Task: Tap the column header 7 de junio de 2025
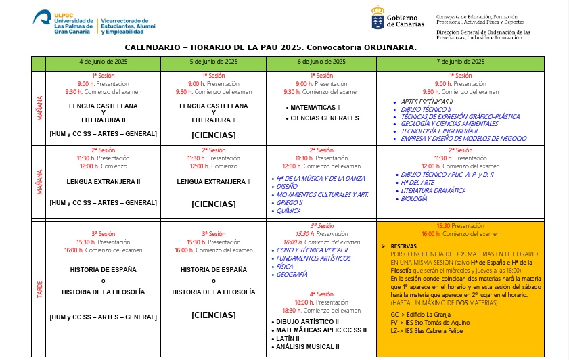pyautogui.click(x=460, y=62)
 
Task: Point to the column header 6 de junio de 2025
pyautogui.click(x=321, y=62)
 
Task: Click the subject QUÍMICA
pyautogui.click(x=289, y=211)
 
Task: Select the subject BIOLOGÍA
pyautogui.click(x=414, y=199)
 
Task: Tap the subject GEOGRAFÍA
pyautogui.click(x=292, y=275)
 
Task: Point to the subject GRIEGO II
pyautogui.click(x=290, y=203)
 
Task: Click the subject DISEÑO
pyautogui.click(x=287, y=186)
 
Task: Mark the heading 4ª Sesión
pyautogui.click(x=321, y=294)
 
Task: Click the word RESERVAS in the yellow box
pyautogui.click(x=405, y=246)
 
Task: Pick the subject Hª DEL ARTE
pyautogui.click(x=418, y=183)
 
